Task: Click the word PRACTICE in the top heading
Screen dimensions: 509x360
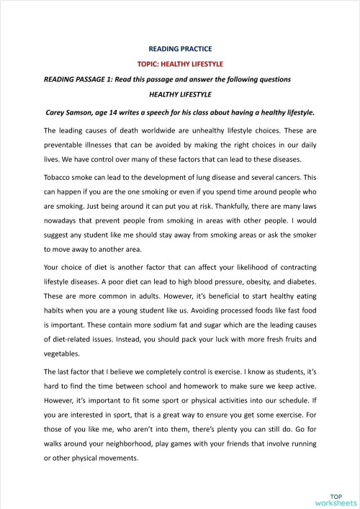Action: tap(195, 49)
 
